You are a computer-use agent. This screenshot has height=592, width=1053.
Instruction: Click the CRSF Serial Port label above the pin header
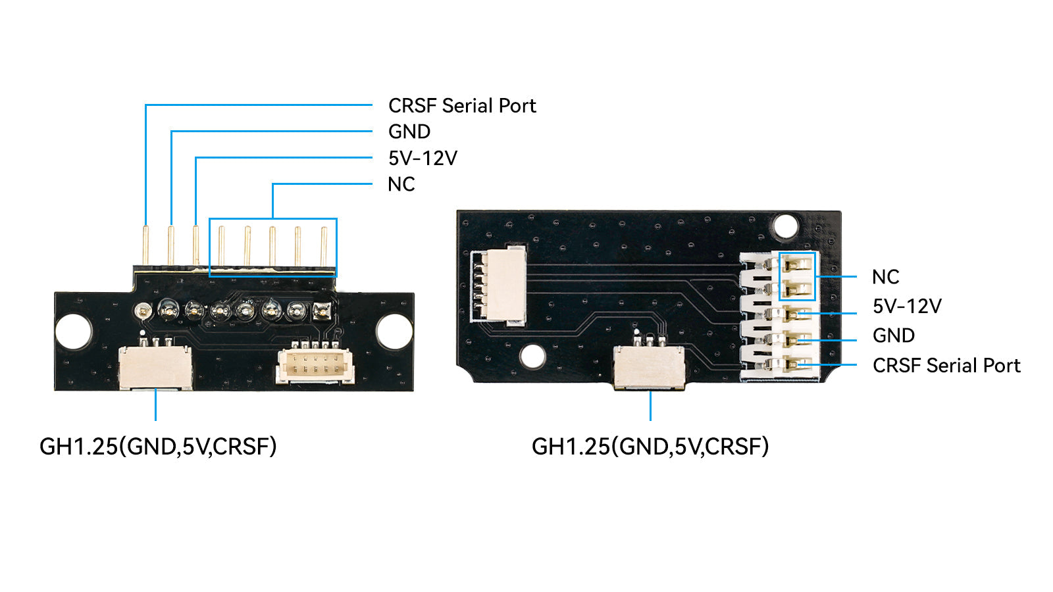coord(462,105)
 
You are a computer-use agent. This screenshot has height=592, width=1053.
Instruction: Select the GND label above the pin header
coord(409,132)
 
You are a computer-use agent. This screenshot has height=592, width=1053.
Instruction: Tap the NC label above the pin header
coord(401,184)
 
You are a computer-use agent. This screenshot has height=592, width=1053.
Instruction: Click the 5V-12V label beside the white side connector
coord(907,306)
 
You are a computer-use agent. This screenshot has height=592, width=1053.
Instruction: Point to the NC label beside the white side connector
coord(885,277)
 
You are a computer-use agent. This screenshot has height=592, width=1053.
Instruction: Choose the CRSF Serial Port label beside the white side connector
coord(946,365)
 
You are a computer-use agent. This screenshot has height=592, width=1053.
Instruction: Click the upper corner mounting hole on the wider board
coord(785,226)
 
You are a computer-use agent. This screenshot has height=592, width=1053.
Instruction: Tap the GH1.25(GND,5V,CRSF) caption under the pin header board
coord(158,447)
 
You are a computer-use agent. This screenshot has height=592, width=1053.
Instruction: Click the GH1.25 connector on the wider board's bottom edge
coord(649,366)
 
